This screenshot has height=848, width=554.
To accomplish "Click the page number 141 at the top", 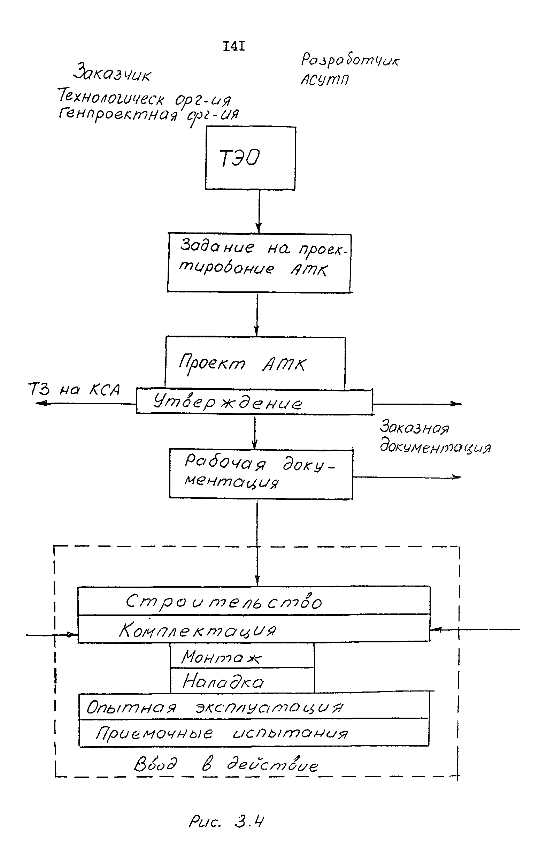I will [234, 46].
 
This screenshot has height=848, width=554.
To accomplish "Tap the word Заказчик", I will [112, 72].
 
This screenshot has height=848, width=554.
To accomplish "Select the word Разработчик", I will [350, 60].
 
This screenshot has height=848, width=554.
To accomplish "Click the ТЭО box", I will [250, 158].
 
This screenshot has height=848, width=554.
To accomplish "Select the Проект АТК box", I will [255, 363].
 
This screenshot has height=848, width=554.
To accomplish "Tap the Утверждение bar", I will [254, 402].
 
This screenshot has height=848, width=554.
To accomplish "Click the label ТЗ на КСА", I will [74, 389].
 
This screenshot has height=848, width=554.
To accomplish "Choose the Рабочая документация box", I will [261, 474].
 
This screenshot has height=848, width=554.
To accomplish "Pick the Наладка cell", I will [242, 681].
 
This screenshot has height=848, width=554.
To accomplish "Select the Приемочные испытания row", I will [254, 733].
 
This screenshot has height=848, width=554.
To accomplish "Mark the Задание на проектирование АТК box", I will [259, 263].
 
